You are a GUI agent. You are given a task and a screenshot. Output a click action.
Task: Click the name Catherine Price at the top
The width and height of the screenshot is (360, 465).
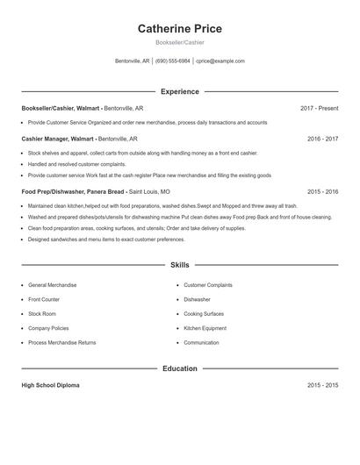tap(179, 29)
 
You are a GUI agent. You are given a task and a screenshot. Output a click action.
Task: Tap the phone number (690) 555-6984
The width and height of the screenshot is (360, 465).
tap(173, 61)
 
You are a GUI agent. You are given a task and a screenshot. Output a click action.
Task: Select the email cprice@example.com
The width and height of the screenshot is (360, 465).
tap(220, 61)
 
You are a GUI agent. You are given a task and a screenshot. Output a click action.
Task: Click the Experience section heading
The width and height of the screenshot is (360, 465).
tap(179, 91)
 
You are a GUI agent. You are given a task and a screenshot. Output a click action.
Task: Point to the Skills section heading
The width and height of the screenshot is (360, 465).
tap(179, 264)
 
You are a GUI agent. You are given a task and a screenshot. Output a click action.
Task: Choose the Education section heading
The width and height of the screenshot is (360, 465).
tap(179, 368)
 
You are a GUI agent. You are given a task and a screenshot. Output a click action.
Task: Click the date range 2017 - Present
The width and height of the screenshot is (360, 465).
tap(319, 108)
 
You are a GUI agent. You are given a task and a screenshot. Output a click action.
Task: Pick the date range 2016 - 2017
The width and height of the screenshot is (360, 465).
tap(322, 138)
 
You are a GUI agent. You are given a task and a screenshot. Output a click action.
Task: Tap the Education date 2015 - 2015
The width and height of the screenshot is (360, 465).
tap(322, 385)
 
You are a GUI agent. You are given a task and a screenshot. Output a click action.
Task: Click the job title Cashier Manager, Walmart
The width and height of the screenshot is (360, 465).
tap(58, 138)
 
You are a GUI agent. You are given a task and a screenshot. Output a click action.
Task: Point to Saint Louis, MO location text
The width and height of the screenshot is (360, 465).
tap(150, 190)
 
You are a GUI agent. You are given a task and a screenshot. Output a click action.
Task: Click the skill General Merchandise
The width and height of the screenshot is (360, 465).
tap(52, 285)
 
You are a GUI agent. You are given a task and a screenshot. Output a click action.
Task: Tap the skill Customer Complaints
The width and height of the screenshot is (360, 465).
tap(208, 285)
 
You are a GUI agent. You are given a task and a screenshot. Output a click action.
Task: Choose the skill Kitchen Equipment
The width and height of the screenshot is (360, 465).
tap(205, 328)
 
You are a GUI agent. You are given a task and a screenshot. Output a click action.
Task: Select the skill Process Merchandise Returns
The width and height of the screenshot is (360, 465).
tap(61, 342)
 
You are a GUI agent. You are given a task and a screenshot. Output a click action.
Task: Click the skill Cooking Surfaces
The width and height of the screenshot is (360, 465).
tap(204, 313)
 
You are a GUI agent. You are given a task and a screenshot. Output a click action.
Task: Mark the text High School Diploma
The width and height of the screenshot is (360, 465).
tap(50, 385)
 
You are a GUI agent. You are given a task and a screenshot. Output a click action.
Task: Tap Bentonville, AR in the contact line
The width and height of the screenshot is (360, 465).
tap(133, 61)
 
